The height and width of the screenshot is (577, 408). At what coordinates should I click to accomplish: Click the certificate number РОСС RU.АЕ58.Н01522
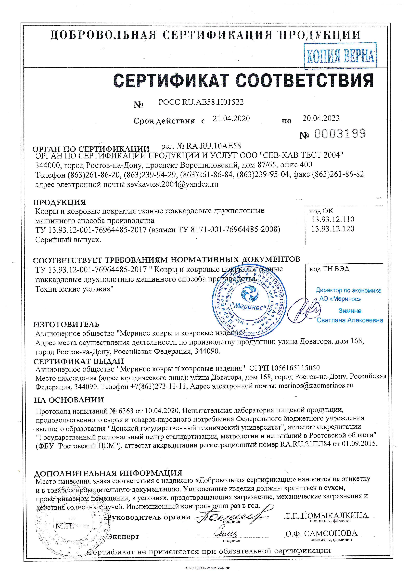coord(201,102)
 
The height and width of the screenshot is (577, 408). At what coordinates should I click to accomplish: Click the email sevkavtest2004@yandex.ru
coord(173,184)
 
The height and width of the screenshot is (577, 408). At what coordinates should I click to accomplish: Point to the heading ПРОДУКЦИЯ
coord(60,202)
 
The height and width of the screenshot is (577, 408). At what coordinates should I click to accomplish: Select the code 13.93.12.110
coord(333,219)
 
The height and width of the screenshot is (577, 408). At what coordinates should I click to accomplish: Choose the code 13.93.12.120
coord(333,229)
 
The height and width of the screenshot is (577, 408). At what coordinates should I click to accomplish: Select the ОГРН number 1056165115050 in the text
coord(295,368)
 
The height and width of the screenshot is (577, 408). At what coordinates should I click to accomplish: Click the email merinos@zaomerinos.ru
coord(316,385)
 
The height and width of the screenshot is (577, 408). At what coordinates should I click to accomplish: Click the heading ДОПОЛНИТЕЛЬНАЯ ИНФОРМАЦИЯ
coord(108,473)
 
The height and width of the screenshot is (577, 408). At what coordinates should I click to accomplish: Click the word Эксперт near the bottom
coord(123,537)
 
